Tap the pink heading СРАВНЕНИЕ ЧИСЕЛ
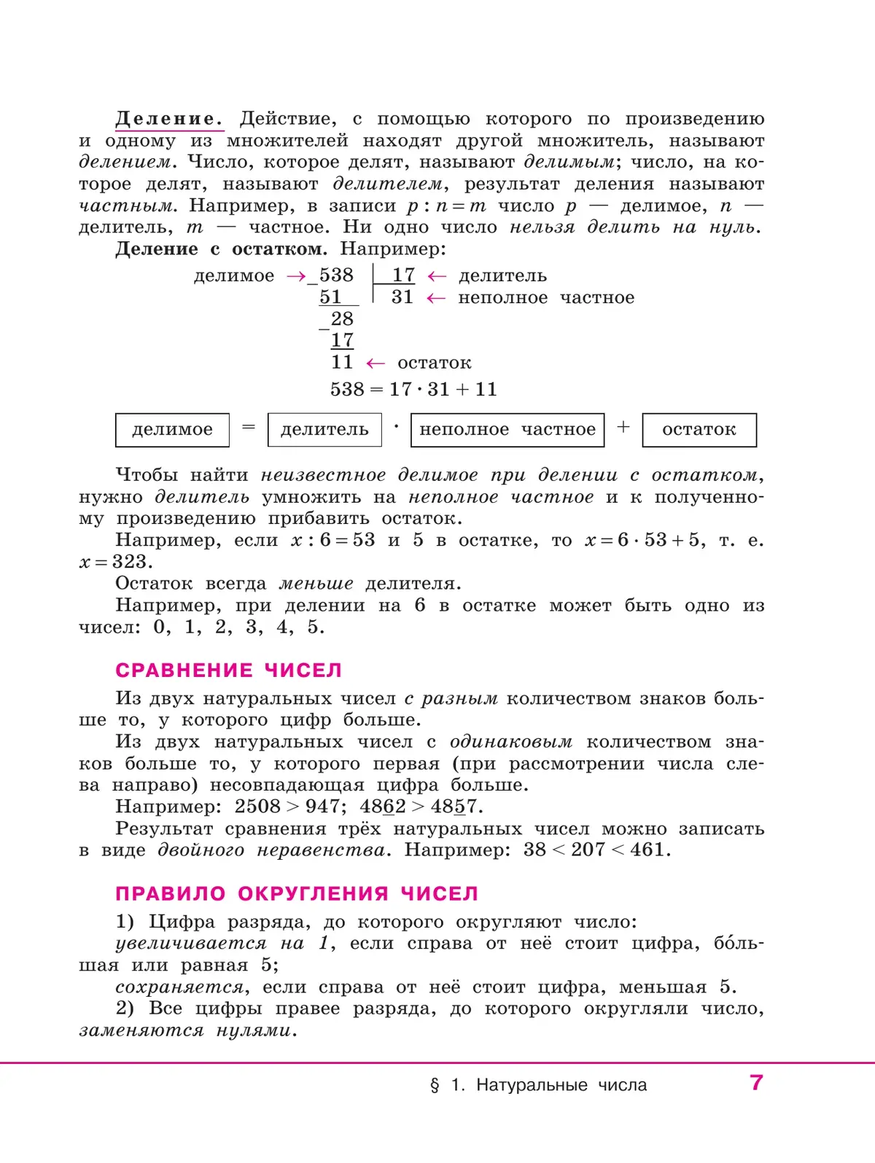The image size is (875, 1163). pos(228,670)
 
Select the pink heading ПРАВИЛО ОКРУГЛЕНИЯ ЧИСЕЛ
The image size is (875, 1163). pos(297,894)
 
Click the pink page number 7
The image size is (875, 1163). pos(756,1083)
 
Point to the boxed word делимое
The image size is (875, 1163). pos(172,430)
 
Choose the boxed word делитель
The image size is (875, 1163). pos(324,430)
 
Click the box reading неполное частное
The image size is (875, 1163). pos(507,430)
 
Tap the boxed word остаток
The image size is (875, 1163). pos(699,430)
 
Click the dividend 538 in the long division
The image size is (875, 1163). pos(336,275)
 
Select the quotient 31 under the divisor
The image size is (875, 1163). pos(402,297)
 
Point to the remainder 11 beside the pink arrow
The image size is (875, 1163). pos(342,362)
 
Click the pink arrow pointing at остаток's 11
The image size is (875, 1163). pos(375,363)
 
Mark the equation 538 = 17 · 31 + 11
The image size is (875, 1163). pos(413,389)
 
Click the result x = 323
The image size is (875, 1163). pos(115,562)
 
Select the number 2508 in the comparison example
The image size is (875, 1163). pos(257,807)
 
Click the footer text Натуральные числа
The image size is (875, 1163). pos(561,1085)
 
